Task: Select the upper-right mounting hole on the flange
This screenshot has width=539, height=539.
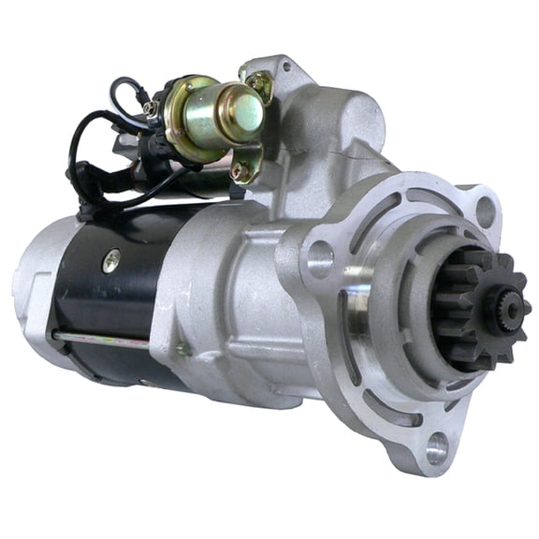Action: point(485,212)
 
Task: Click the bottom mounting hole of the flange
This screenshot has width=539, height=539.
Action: point(436,448)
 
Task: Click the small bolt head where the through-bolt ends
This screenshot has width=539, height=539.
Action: point(183,349)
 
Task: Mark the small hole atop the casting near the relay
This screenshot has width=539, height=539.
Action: point(284,67)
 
